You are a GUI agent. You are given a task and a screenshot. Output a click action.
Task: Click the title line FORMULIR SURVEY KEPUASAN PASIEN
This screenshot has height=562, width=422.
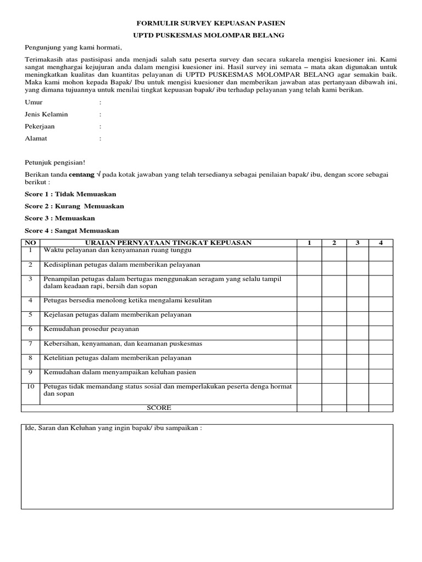(x=210, y=24)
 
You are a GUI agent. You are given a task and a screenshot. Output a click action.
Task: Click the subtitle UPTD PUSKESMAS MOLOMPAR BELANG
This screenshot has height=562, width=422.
(x=210, y=36)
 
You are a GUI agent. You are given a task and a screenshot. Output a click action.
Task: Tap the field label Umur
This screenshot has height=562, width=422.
(x=34, y=103)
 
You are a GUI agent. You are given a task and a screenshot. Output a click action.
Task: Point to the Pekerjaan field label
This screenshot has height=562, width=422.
(x=40, y=127)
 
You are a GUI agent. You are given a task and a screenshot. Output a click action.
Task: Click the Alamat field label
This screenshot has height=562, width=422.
(x=36, y=139)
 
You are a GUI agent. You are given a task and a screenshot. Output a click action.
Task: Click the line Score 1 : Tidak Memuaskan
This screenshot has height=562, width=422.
(x=70, y=194)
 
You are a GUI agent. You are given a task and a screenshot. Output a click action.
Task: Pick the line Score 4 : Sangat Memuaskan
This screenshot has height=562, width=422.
(x=72, y=231)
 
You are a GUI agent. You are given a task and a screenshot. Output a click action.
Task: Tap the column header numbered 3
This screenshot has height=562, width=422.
(x=357, y=243)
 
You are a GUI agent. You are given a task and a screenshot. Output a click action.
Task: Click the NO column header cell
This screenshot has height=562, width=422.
(x=31, y=243)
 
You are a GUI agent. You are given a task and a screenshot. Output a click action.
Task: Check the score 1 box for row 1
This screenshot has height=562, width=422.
(x=309, y=254)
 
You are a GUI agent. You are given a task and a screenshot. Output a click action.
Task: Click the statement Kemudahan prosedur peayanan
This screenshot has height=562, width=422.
(x=91, y=329)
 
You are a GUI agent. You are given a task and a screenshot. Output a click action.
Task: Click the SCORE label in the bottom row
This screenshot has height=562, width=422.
(x=159, y=408)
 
